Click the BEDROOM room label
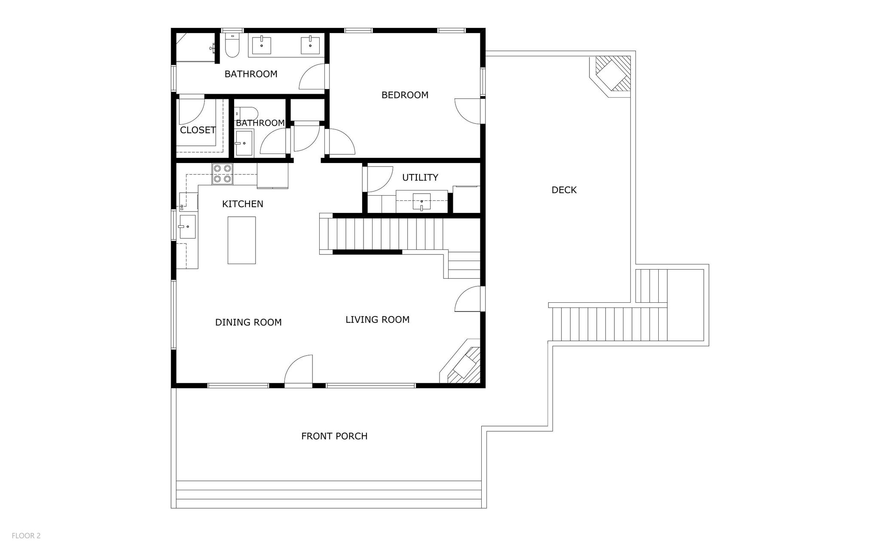pos(405,95)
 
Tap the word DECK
pos(564,190)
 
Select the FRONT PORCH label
pos(334,436)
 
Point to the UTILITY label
pos(420,177)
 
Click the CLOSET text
pos(198,130)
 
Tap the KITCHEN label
pos(242,204)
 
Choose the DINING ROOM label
pos(248,322)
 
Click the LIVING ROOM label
pos(377,320)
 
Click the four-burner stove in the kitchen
pos(222,174)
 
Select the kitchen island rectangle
pos(241,240)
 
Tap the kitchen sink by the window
pos(187,227)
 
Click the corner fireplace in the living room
pos(462,363)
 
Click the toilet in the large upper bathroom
pos(232,45)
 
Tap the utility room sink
pos(422,201)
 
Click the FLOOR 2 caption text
pos(26,536)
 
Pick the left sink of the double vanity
pos(261,45)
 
